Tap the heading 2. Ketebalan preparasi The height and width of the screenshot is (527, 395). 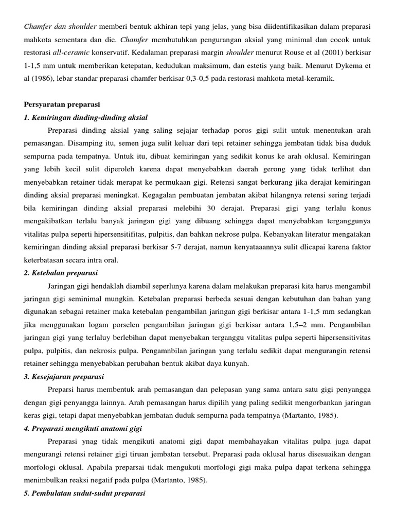click(61, 272)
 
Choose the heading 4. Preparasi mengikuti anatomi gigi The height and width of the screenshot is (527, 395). click(83, 428)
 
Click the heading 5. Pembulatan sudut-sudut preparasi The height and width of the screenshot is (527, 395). click(85, 494)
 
